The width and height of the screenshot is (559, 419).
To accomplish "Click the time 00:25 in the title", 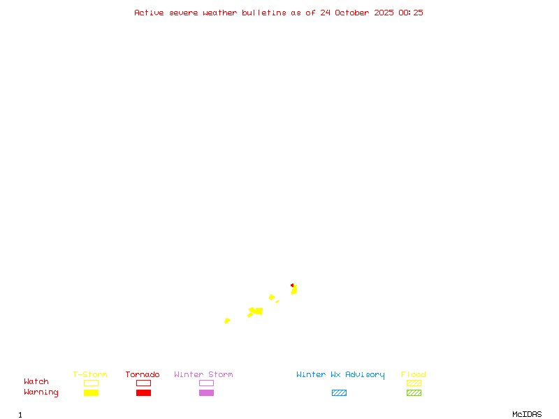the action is point(410,13).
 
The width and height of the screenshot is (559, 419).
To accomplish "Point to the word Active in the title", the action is point(149,13).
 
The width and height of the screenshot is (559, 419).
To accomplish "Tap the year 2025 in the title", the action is point(384,13).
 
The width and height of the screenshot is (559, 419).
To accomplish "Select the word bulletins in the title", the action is point(264,13).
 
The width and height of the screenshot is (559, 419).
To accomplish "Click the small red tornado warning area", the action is point(293,285).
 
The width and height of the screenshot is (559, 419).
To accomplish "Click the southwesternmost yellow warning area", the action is point(227,321).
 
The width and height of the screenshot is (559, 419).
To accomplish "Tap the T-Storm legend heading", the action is point(90,374).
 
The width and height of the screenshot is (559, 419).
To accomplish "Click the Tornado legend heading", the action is point(143,374).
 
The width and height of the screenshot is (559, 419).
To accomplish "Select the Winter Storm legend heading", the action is point(203,374).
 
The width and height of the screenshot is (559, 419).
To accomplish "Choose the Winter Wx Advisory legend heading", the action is point(340,374).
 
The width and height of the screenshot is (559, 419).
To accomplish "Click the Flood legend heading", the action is point(414,374).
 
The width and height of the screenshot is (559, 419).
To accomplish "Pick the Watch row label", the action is point(36,382).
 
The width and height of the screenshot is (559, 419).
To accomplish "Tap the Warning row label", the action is point(41,392).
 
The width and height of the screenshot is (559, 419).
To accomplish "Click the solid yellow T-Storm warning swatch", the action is point(91,392).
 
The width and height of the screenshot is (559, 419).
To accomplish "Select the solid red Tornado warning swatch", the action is point(143,392).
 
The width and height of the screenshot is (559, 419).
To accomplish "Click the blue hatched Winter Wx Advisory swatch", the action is point(339,392).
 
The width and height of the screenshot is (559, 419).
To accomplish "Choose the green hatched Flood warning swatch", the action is point(414,392).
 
